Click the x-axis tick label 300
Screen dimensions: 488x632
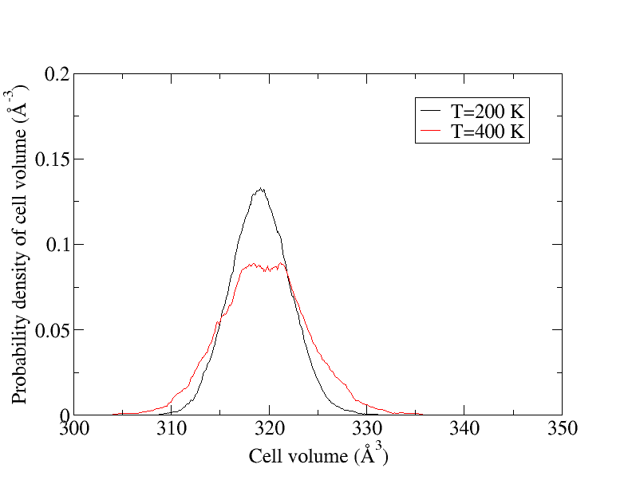click(x=74, y=431)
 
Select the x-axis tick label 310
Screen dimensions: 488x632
click(x=172, y=431)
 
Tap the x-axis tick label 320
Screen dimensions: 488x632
click(x=269, y=431)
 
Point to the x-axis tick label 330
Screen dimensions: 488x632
click(x=367, y=431)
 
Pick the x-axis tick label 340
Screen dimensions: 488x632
click(x=464, y=431)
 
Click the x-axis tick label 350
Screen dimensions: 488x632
click(x=562, y=431)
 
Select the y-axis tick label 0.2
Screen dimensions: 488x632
click(x=55, y=74)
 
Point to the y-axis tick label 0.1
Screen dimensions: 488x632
click(x=55, y=245)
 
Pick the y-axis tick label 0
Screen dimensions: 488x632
click(x=64, y=415)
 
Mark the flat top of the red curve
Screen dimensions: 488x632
click(x=263, y=266)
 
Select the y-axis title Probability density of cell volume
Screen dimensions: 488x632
click(x=19, y=248)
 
